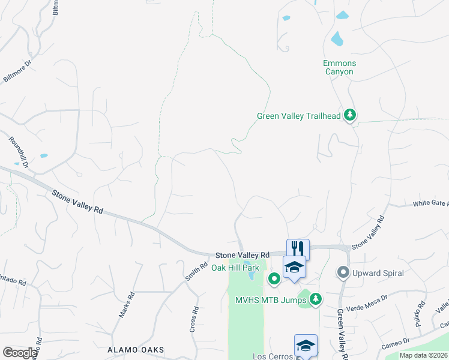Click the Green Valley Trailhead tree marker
click(350, 116)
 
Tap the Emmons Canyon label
click(339, 67)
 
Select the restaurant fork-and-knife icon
click(298, 248)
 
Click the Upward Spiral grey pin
click(343, 272)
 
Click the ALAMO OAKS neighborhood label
click(135, 349)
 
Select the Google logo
click(20, 353)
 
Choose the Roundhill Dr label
click(19, 152)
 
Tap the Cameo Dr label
click(396, 344)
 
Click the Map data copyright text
click(423, 355)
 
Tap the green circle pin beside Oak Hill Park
click(274, 278)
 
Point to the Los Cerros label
click(272, 356)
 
